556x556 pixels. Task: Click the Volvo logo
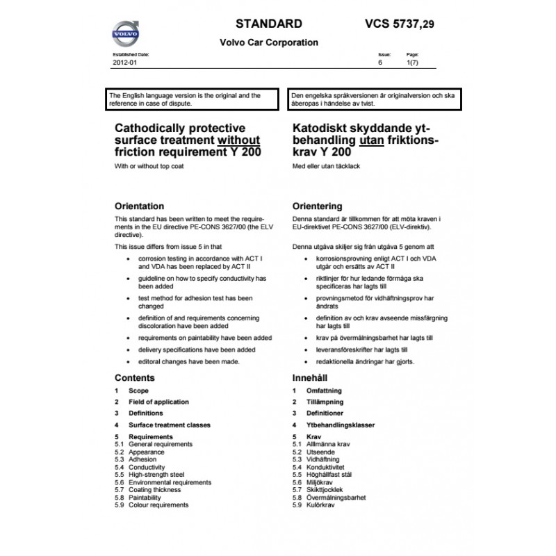pyautogui.click(x=127, y=33)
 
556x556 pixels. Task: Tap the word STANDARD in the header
pyautogui.click(x=269, y=24)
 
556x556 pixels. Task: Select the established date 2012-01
pyautogui.click(x=124, y=63)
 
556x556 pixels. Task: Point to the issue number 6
pyautogui.click(x=380, y=63)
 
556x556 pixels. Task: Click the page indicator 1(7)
pyautogui.click(x=412, y=63)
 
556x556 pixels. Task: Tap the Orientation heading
pyautogui.click(x=139, y=206)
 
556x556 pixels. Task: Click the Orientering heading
pyautogui.click(x=318, y=206)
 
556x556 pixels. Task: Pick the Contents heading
pyautogui.click(x=134, y=378)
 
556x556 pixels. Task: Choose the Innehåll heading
pyautogui.click(x=311, y=378)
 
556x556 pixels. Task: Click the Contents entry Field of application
pyautogui.click(x=158, y=402)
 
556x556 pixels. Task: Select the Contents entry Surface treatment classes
pyautogui.click(x=170, y=425)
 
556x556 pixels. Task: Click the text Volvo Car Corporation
pyautogui.click(x=269, y=42)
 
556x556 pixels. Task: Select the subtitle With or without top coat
pyautogui.click(x=150, y=167)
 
